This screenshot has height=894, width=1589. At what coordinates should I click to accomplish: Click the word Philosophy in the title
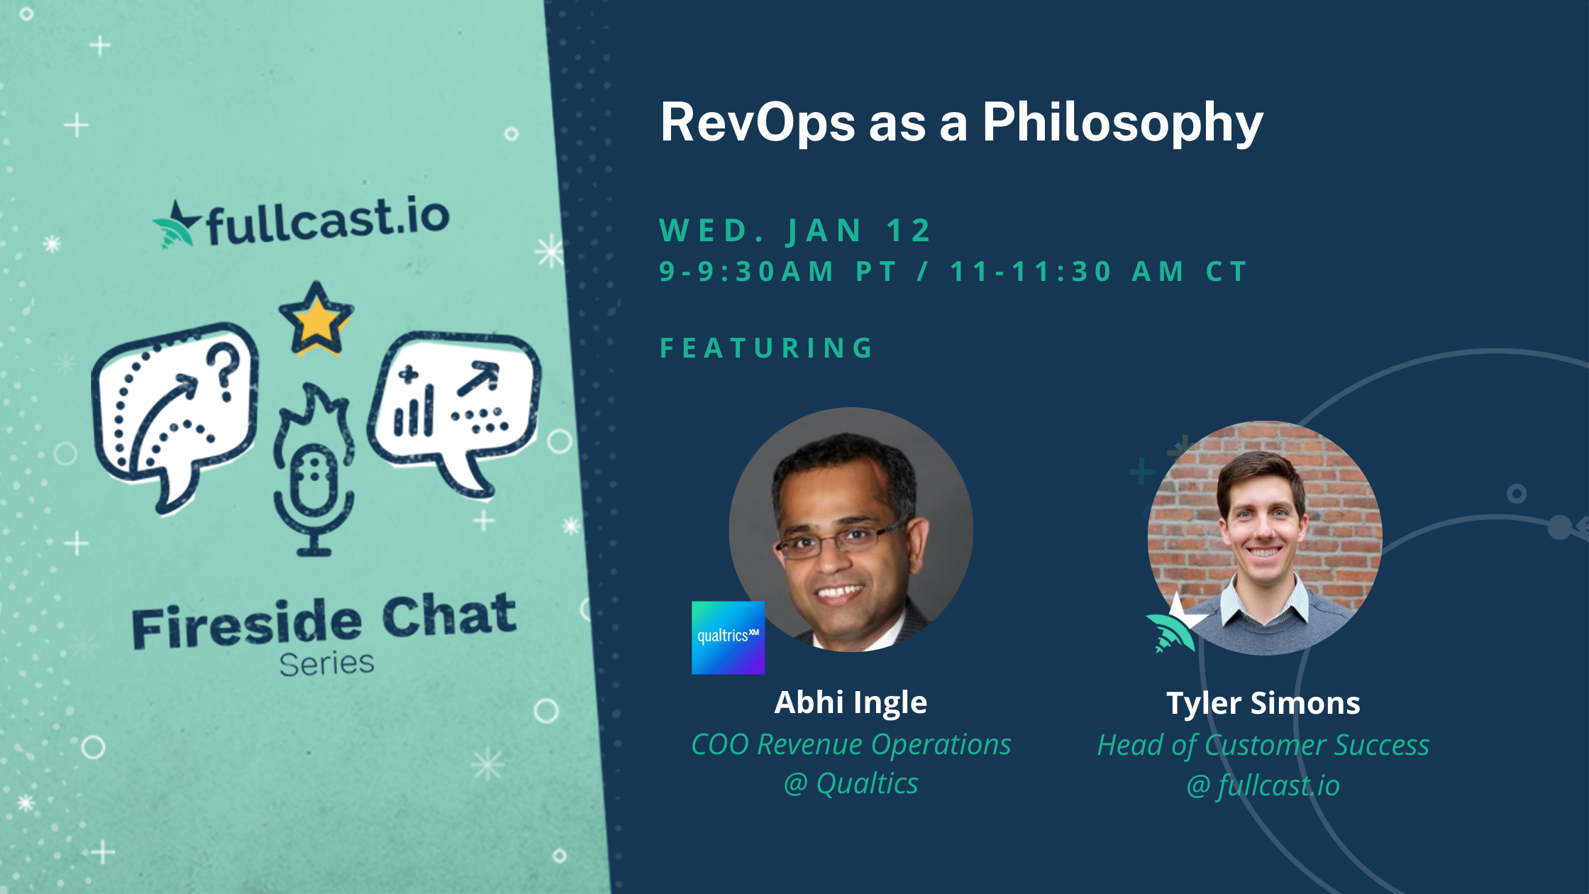point(1122,123)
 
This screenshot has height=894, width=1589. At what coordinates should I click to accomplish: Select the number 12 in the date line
point(909,231)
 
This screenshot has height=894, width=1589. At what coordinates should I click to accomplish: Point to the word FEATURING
point(766,348)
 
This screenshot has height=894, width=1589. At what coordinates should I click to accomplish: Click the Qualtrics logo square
point(728,637)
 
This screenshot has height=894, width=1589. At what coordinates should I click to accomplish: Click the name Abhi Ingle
point(851,702)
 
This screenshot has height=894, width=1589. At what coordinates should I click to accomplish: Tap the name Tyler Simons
point(1263,703)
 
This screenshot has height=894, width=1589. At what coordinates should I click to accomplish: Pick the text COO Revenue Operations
point(851,744)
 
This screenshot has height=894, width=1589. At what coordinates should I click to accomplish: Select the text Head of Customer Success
point(1263,745)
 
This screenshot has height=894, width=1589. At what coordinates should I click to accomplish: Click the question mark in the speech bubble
point(224,371)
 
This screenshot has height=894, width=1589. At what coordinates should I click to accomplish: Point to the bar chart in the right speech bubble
point(414,409)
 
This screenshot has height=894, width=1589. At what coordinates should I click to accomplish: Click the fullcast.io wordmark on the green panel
point(301,221)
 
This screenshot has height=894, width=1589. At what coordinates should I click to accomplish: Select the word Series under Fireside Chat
point(326,664)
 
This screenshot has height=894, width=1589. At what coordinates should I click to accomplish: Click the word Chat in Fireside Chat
point(450,615)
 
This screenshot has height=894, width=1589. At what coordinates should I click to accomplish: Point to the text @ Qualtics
point(851,783)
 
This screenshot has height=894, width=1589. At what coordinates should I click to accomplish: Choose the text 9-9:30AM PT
point(778,271)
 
